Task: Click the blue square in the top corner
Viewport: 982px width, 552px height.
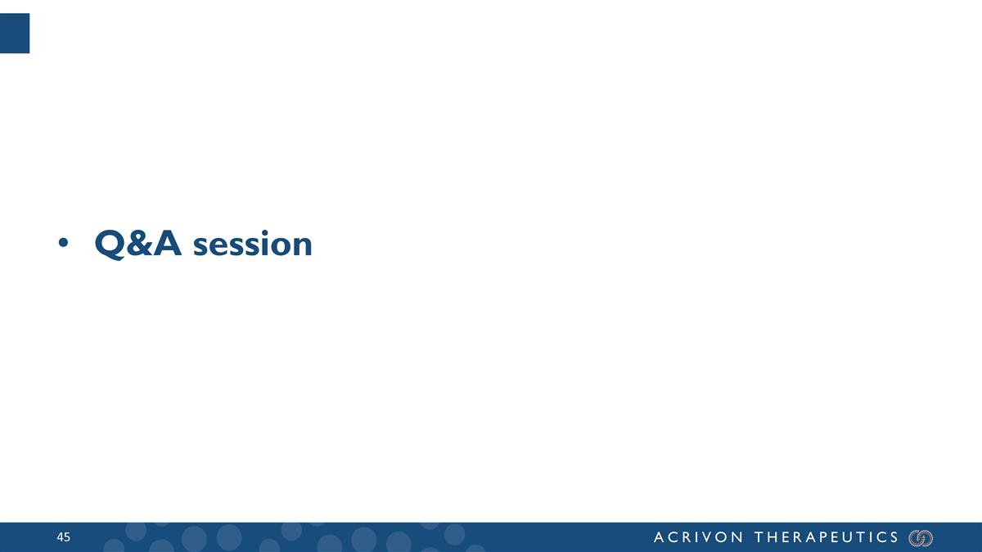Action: [15, 34]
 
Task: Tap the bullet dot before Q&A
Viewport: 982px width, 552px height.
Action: [63, 245]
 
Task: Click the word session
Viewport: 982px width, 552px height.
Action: [253, 245]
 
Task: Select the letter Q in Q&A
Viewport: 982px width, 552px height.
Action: [109, 244]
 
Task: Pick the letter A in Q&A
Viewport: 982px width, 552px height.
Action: [169, 243]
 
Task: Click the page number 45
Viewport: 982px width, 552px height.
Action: [64, 537]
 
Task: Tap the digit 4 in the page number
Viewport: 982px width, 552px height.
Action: [60, 537]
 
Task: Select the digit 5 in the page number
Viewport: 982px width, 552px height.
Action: [67, 537]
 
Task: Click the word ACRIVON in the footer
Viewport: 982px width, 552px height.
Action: [699, 537]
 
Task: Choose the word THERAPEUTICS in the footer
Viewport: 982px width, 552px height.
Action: [827, 537]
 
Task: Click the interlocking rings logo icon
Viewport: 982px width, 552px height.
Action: [921, 537]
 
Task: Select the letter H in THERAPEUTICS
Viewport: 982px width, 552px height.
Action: [773, 537]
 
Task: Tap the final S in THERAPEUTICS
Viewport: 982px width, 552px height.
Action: [894, 537]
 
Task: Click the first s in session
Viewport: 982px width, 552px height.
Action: [201, 245]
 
